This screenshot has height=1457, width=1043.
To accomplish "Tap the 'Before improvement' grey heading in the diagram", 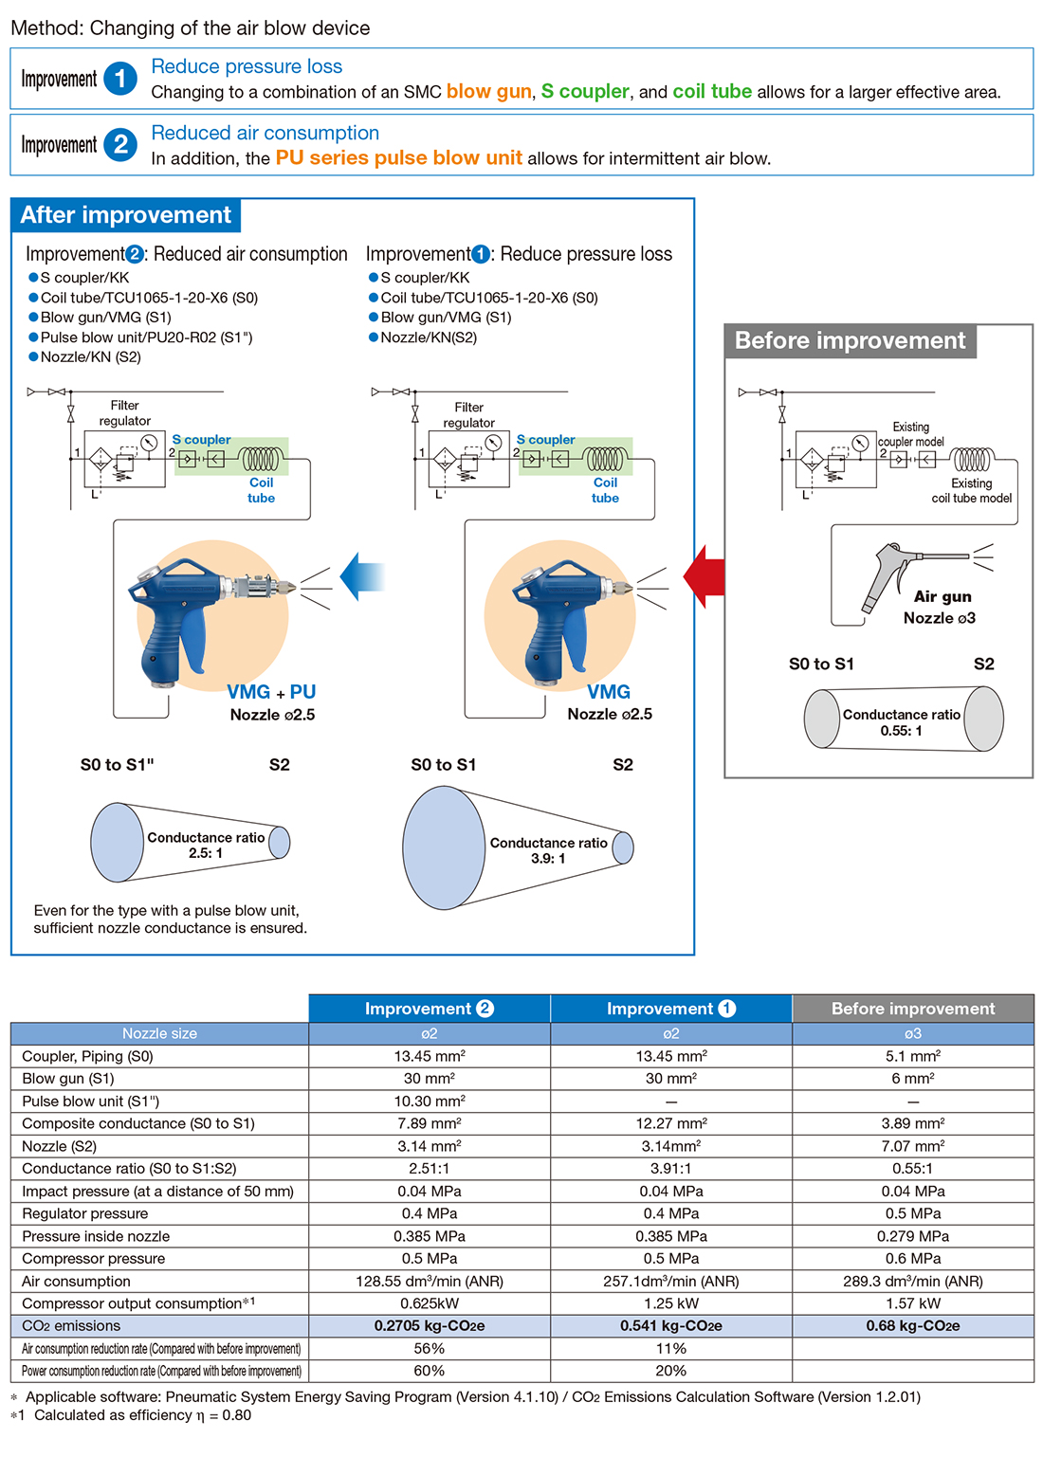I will click(x=850, y=341).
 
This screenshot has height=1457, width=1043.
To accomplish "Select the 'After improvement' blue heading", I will click(x=126, y=215).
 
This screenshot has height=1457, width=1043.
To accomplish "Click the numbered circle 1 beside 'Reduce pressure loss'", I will click(x=120, y=79).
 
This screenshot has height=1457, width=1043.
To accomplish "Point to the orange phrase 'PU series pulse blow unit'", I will click(x=398, y=158).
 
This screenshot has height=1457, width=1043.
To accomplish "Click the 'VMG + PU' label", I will click(x=271, y=692).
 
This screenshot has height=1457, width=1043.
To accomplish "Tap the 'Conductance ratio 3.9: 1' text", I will click(x=548, y=850).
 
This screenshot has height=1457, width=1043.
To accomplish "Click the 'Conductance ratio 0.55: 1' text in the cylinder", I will click(x=901, y=722).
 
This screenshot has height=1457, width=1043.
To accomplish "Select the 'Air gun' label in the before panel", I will click(x=942, y=596).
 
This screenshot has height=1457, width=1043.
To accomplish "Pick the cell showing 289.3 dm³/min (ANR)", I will click(x=912, y=1282).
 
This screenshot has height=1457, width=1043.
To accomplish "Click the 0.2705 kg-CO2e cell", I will click(x=430, y=1326).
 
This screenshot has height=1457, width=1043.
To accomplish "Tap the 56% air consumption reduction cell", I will click(x=430, y=1348).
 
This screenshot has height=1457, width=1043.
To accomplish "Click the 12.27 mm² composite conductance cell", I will click(x=670, y=1123).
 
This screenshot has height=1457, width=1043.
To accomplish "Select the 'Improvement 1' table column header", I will click(x=670, y=1009).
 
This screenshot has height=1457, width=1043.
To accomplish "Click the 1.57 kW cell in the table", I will click(x=912, y=1303).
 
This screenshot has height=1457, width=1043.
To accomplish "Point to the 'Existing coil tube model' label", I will click(x=971, y=490).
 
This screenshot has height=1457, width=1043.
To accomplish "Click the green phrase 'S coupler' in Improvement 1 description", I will click(x=585, y=92).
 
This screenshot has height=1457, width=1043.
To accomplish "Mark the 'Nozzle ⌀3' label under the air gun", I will click(x=939, y=618).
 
